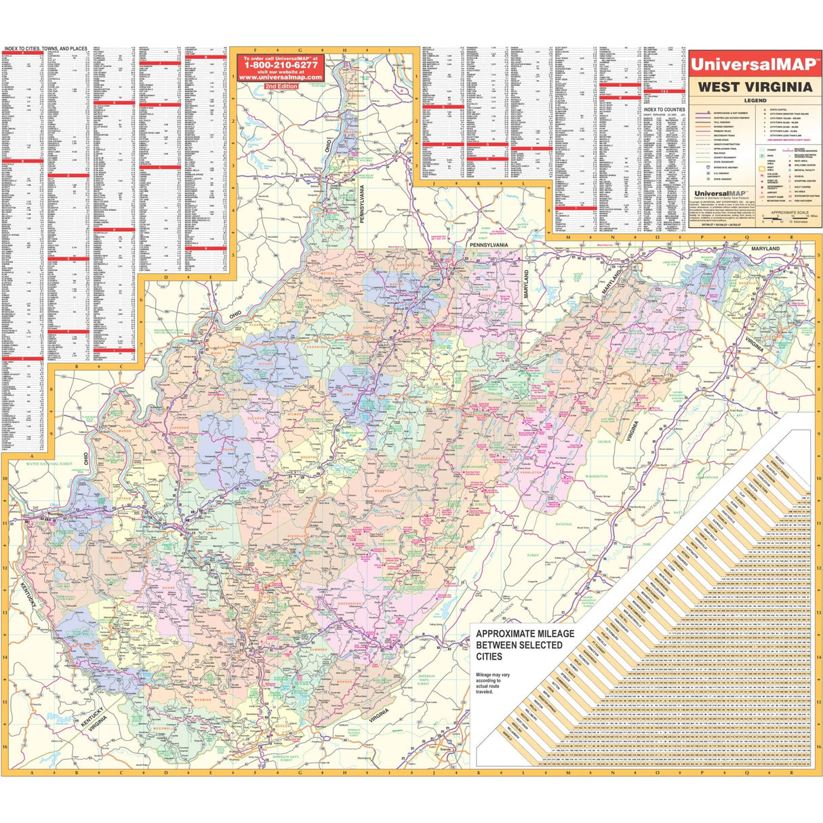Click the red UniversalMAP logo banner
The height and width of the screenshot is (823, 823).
[755, 65]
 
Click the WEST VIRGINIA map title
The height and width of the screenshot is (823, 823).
[755, 87]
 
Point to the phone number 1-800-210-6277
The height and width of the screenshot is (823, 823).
[279, 65]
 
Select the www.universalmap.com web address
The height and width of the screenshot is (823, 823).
[279, 77]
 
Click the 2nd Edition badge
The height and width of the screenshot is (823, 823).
[279, 87]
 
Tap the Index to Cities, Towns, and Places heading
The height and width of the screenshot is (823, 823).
[45, 49]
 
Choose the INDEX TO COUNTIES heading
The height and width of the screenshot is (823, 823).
[664, 109]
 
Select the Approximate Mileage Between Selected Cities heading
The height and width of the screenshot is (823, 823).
[525, 645]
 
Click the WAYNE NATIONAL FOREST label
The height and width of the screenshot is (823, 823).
[49, 464]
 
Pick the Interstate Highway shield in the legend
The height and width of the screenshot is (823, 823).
[709, 167]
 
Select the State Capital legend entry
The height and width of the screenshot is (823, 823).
[780, 110]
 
